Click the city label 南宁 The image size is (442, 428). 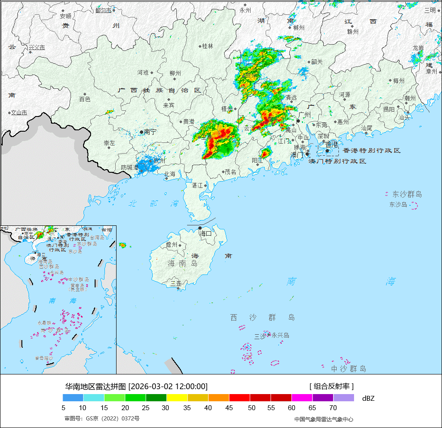click(150, 132)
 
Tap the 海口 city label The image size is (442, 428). click(205, 233)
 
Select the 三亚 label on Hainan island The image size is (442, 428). click(176, 283)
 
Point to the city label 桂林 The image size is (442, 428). click(208, 46)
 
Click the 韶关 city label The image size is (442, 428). click(317, 62)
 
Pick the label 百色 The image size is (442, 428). click(85, 99)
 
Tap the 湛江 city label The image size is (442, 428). click(197, 185)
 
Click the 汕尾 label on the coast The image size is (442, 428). click(367, 128)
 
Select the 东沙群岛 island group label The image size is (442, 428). click(407, 194)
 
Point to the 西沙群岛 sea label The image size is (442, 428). click(263, 317)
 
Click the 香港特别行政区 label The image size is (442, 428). click(371, 151)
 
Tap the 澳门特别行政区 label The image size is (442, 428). click(338, 161)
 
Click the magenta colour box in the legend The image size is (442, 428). click(302, 398)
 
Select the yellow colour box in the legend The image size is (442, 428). click(177, 398)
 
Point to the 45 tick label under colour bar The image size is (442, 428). click(229, 407)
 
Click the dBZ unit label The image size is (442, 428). click(368, 398)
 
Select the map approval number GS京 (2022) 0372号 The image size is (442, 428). click(102, 419)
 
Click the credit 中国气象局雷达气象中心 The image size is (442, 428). click(324, 419)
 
